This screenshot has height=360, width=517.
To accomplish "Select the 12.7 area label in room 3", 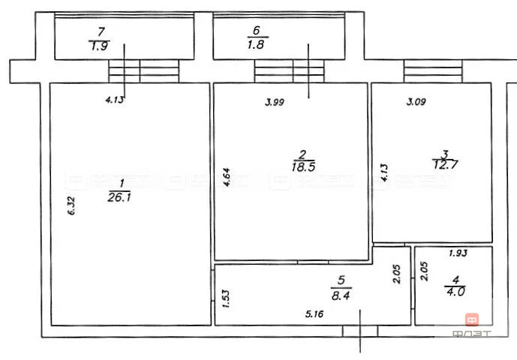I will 445,161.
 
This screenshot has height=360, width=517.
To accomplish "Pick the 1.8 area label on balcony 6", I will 257,44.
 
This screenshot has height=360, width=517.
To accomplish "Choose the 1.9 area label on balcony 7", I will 98,44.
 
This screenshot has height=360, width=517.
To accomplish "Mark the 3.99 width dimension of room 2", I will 275,103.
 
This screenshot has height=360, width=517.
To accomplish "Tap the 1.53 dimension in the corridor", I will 224,300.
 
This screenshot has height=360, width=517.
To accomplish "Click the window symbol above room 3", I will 432,72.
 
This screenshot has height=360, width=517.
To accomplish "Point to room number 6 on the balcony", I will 256,31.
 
